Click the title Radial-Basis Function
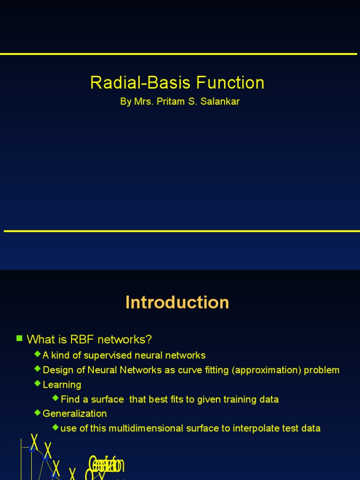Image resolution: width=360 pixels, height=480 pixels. (177, 83)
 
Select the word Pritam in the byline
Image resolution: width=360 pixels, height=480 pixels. (170, 102)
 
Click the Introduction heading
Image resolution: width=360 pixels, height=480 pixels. (177, 302)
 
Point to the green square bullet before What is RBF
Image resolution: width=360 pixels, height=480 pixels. (19, 338)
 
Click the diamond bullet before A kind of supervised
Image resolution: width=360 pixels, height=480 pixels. (37, 354)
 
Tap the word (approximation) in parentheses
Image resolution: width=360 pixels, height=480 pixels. (266, 370)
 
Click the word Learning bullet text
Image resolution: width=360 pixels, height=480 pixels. (62, 385)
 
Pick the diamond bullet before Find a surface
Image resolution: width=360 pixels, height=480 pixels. (56, 398)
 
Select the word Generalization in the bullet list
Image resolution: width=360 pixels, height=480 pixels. (75, 413)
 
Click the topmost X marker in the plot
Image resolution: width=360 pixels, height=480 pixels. (34, 442)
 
